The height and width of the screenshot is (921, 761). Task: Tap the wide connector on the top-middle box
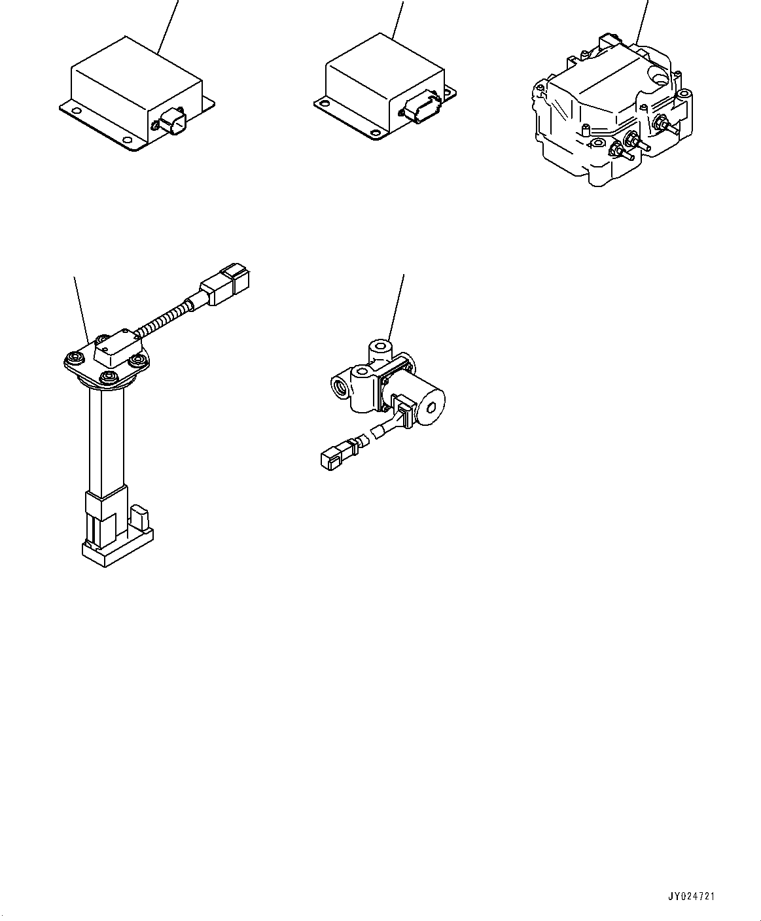click(x=423, y=109)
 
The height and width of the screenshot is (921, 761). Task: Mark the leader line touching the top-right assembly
click(x=642, y=22)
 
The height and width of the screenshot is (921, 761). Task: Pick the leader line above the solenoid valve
click(x=396, y=307)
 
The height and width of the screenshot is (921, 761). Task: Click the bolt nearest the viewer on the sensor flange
click(x=108, y=377)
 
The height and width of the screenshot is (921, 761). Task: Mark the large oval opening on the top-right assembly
click(x=662, y=78)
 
